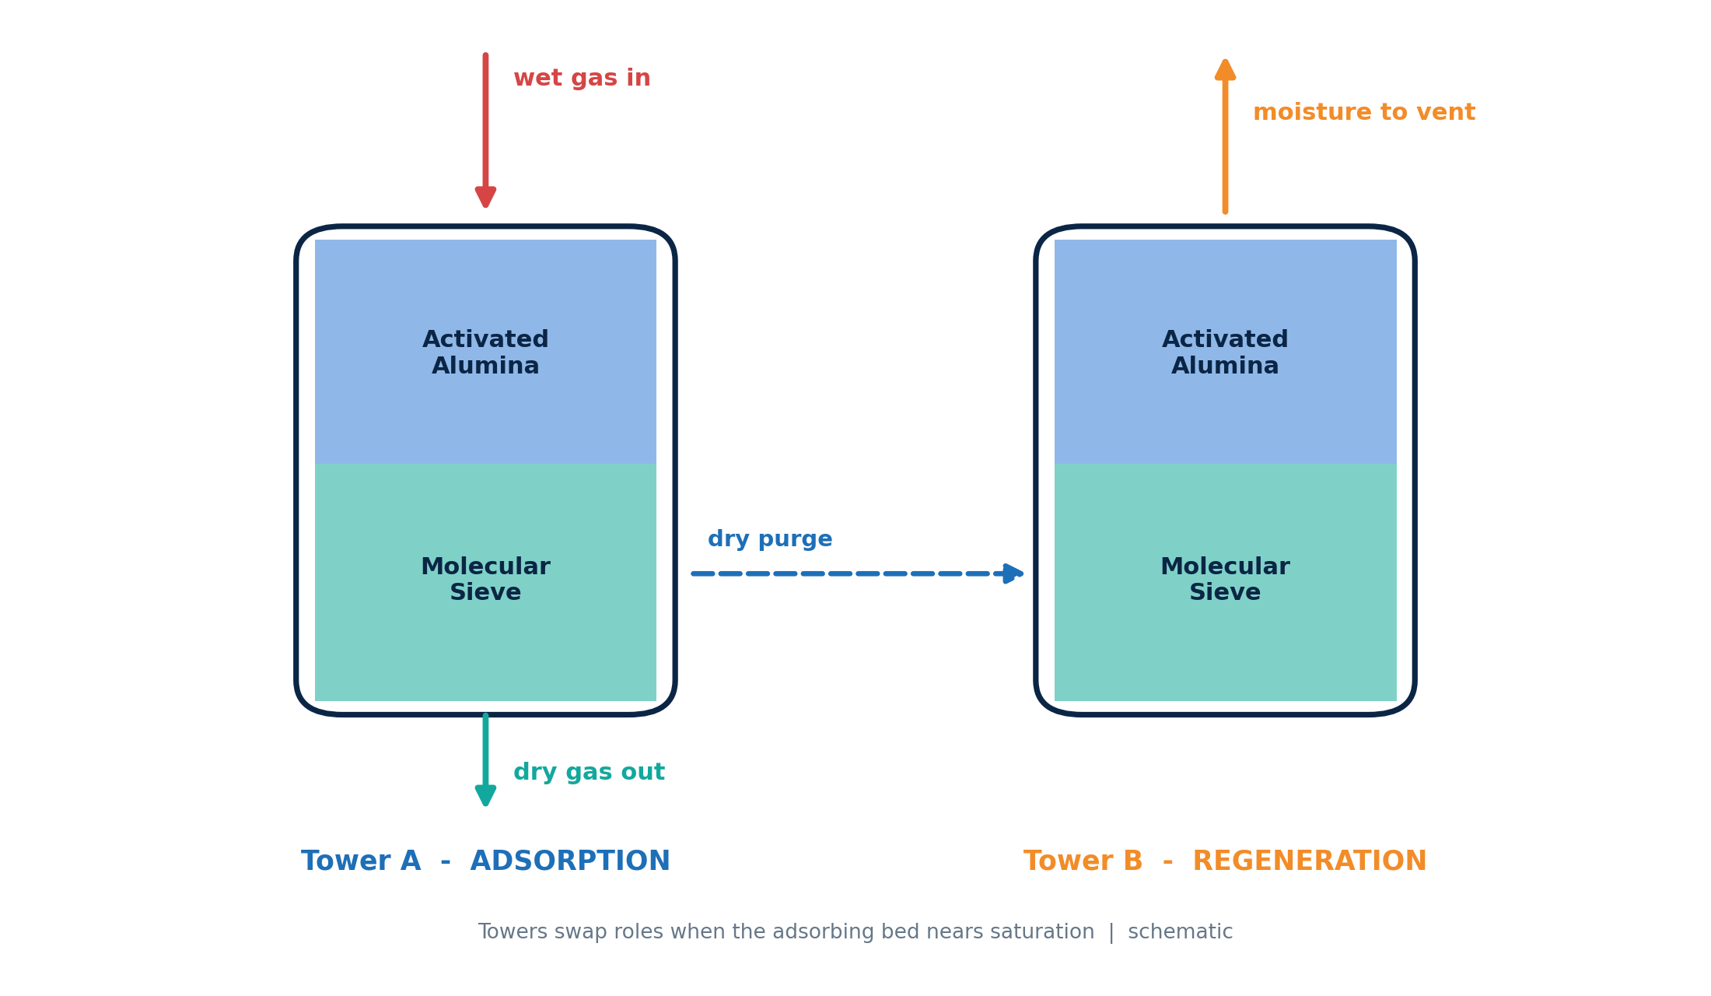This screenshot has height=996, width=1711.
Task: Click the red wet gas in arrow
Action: pos(485,130)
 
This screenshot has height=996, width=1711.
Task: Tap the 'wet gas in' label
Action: pos(582,79)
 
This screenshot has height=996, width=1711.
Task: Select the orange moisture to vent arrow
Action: pos(1225,135)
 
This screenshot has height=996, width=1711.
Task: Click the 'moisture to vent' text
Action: pos(1364,113)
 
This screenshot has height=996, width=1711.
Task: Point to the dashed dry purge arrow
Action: pos(858,573)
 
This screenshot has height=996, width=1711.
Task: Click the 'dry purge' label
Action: pos(770,539)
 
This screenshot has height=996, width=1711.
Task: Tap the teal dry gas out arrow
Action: pos(485,760)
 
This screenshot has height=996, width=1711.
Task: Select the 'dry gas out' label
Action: pos(589,773)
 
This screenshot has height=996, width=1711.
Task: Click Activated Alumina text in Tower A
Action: pos(485,352)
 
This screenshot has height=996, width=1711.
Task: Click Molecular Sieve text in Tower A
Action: pos(485,580)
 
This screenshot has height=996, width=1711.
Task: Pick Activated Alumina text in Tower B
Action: pos(1225,352)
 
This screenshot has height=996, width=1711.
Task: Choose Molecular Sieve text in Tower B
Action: pos(1225,580)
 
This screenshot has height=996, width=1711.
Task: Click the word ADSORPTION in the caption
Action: pos(570,861)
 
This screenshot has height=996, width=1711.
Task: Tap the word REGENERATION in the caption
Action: pos(1310,861)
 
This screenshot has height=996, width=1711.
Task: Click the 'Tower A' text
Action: pos(361,861)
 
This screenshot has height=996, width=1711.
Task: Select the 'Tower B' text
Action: pos(1083,861)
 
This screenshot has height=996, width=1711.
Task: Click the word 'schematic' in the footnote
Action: pos(1181,932)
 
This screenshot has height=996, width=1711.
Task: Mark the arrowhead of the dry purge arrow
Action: pos(1014,573)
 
